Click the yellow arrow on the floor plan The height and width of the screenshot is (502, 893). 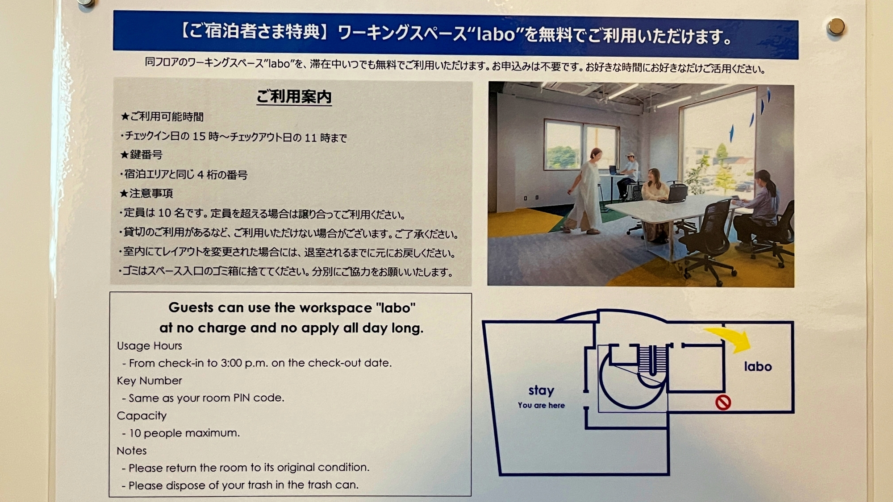(x=729, y=338)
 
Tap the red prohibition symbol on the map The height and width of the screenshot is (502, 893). (x=723, y=402)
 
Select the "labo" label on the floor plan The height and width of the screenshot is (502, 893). (x=758, y=367)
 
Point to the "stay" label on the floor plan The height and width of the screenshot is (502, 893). (x=541, y=391)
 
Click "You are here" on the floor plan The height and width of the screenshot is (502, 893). (x=541, y=405)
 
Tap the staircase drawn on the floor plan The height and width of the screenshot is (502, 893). (x=652, y=359)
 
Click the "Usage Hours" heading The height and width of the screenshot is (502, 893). (x=150, y=346)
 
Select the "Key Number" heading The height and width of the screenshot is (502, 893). (x=150, y=381)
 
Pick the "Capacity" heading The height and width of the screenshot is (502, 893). (x=142, y=415)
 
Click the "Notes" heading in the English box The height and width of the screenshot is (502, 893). (x=132, y=451)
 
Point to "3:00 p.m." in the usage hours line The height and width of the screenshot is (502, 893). (x=238, y=363)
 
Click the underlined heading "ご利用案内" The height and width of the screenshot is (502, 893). (x=294, y=96)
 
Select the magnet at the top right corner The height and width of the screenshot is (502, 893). (x=835, y=27)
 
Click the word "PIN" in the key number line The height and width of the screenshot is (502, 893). (x=242, y=398)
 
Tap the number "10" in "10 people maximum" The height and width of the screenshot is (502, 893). (x=135, y=433)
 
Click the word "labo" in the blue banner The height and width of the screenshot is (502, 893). (x=496, y=34)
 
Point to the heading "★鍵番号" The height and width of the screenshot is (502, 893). (x=142, y=155)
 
